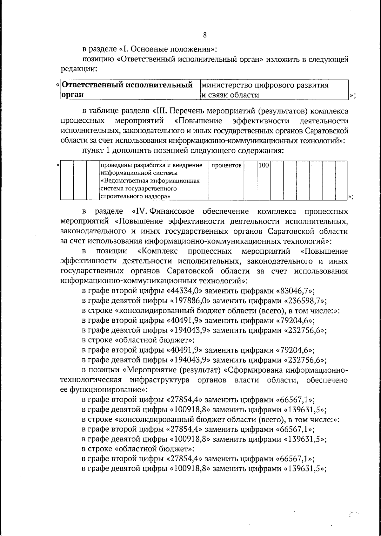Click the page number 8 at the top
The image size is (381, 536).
204,35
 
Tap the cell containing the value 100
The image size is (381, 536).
263,165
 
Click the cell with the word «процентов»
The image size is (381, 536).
226,166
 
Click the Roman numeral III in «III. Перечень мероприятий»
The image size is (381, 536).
158,111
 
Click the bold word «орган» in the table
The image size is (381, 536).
73,95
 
